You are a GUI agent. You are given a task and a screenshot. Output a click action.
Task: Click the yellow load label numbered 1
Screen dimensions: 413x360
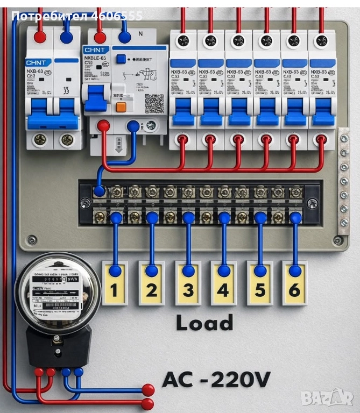[115, 283]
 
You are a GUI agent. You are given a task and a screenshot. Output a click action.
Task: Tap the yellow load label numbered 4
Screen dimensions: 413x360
[223, 283]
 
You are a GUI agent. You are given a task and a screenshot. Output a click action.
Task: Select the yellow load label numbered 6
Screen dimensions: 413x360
[294, 283]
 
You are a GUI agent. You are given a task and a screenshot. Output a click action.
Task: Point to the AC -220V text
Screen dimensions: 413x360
[216, 380]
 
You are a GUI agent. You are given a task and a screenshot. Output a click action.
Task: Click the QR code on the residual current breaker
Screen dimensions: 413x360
[154, 103]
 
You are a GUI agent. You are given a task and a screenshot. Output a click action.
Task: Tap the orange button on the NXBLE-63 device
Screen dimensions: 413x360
[121, 106]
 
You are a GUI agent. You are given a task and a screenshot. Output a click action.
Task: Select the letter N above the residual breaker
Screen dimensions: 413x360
[141, 34]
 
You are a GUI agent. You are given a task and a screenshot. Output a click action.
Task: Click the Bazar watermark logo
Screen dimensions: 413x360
[327, 398]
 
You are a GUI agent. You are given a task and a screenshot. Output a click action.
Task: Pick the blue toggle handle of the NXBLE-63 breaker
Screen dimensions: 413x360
[96, 98]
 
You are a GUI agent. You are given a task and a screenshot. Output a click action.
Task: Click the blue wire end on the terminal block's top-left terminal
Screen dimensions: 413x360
[100, 190]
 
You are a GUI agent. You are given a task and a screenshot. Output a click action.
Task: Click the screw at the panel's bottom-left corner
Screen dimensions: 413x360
[32, 240]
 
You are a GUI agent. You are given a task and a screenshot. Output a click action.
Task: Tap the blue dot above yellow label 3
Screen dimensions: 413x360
[188, 218]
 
